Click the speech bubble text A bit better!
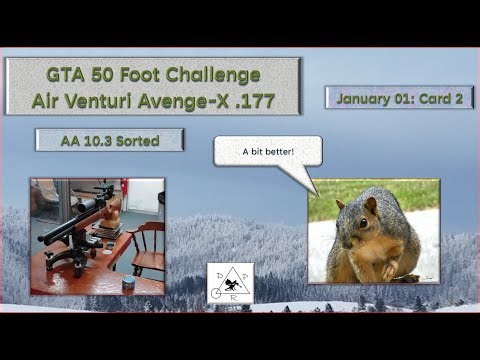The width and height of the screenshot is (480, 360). click(x=268, y=153)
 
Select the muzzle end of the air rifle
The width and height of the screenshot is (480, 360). click(x=45, y=237)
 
